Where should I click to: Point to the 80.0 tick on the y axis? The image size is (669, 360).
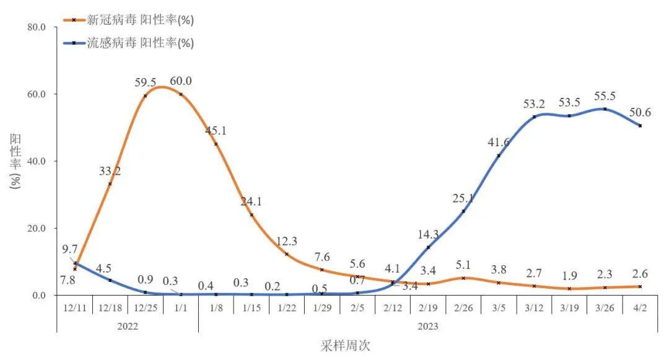point(38,27)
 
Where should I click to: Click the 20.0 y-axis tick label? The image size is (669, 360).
point(38,228)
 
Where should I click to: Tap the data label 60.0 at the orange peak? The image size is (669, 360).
point(181,81)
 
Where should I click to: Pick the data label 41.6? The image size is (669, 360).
point(499,143)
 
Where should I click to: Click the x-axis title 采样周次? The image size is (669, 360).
point(345,346)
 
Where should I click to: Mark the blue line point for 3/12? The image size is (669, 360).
point(534,116)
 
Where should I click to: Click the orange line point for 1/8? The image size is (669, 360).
point(216,144)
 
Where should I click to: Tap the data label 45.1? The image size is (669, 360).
point(216,130)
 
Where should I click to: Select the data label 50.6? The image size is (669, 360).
point(639,112)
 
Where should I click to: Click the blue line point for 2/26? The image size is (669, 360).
point(463,211)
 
